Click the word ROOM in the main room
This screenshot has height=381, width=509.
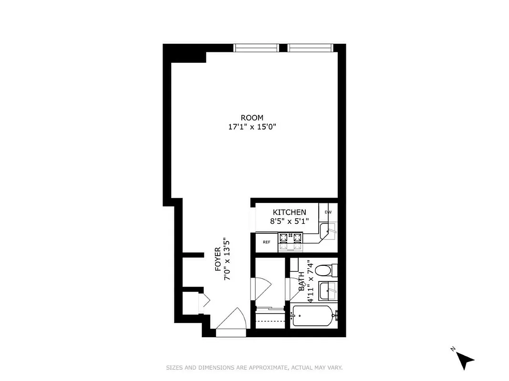[x=251, y=118]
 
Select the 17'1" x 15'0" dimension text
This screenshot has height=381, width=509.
[x=253, y=127]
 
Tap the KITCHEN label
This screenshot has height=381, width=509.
[x=289, y=212]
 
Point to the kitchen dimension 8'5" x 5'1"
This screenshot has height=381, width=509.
[x=290, y=221]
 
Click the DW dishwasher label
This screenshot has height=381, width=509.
[x=328, y=212]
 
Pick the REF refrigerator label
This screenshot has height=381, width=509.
[x=267, y=242]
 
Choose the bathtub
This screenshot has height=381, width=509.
[x=312, y=316]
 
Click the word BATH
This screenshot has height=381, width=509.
[x=301, y=285]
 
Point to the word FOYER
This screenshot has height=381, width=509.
[x=218, y=259]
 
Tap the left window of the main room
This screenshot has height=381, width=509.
[x=256, y=48]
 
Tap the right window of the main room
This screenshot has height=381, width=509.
[x=311, y=48]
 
